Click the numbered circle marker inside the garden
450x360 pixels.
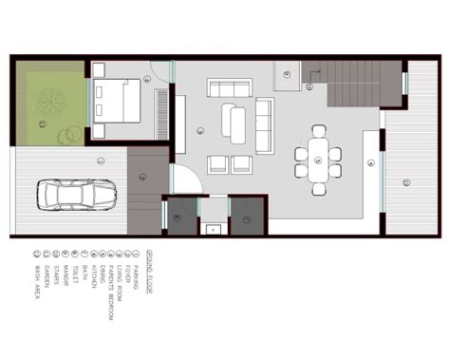tap(42, 123)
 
